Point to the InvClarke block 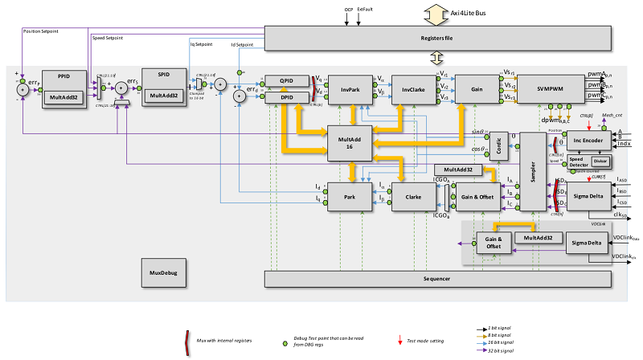(412, 89)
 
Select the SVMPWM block (549, 89)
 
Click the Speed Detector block (577, 161)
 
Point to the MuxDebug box (163, 272)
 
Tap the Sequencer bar (437, 278)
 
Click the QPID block (285, 82)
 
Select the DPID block (285, 97)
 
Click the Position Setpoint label (42, 31)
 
